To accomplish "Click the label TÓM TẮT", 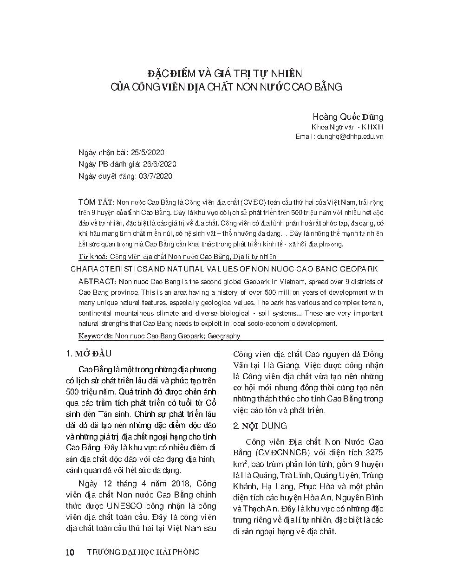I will (96, 202).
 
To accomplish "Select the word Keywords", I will (95, 336).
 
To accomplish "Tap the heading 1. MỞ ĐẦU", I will (90, 354).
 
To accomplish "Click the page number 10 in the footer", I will (71, 552).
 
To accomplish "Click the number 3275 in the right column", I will (374, 453).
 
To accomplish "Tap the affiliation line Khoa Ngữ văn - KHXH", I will (347, 127).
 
